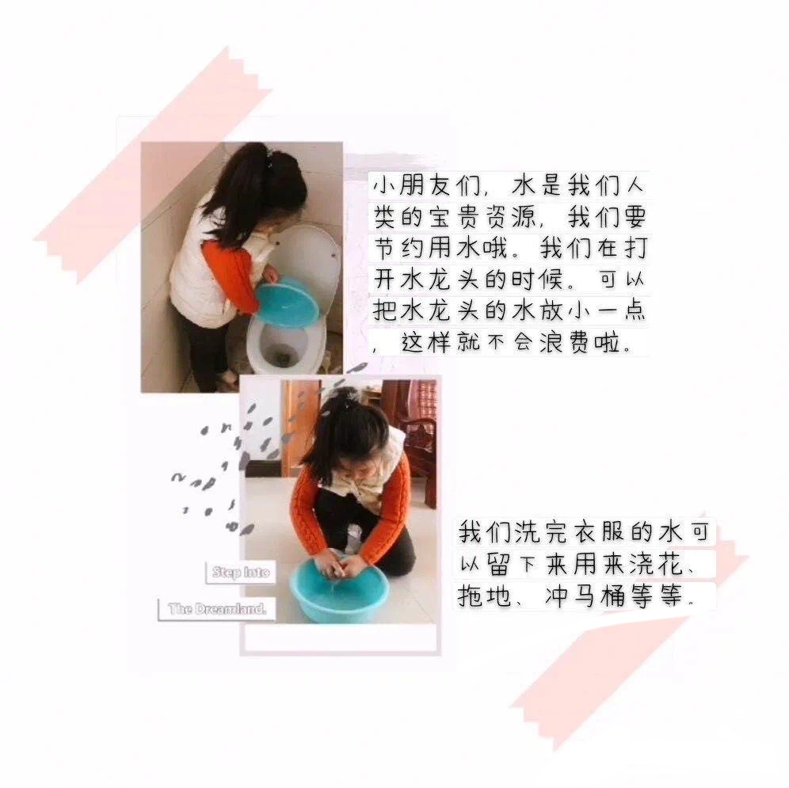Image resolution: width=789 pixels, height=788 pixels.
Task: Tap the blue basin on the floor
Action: [x=340, y=588]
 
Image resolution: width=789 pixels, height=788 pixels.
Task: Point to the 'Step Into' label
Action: [x=241, y=572]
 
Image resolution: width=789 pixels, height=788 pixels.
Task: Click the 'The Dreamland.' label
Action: [x=217, y=609]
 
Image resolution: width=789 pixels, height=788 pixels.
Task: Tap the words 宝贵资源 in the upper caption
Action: [x=482, y=217]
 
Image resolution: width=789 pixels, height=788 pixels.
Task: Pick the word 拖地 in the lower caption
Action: [x=483, y=596]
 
